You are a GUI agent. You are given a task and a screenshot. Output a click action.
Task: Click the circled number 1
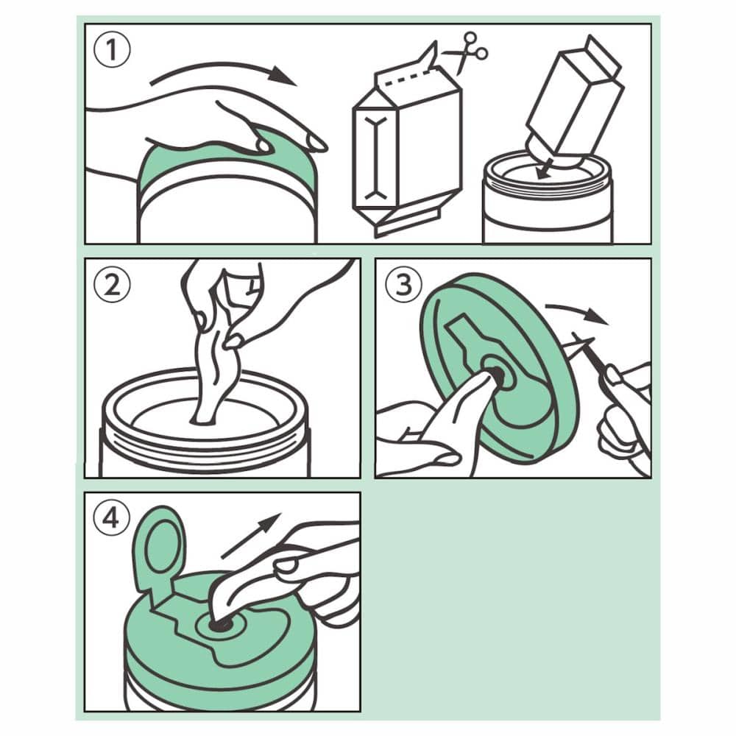point(112,50)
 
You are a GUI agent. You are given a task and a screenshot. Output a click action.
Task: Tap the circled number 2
point(112,284)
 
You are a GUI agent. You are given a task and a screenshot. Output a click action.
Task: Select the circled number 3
point(403,284)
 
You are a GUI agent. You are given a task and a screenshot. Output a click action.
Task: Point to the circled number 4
point(112,519)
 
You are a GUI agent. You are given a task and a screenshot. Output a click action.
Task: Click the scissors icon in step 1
point(467,52)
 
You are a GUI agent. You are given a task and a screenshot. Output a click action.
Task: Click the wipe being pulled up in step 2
point(214,371)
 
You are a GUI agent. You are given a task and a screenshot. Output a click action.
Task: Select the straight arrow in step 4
point(251,536)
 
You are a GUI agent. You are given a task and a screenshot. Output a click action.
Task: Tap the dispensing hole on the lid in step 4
point(221,625)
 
